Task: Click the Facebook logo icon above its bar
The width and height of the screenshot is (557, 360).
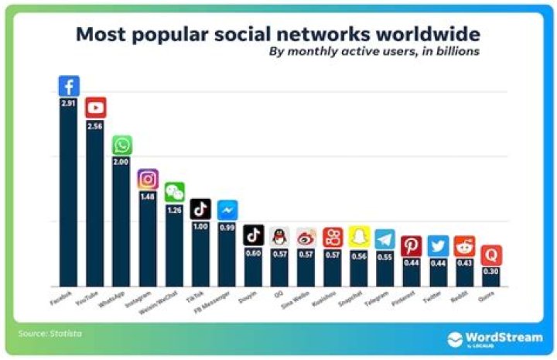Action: pos(69,86)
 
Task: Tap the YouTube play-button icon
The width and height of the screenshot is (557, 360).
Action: pos(95,108)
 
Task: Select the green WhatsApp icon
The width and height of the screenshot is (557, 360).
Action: pos(121,145)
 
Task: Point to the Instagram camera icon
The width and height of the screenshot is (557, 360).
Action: pos(148,179)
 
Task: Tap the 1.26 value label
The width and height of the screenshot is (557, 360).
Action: pos(174,210)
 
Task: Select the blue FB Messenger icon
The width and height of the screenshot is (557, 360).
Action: pos(227,210)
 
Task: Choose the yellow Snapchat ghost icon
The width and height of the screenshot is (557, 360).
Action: pos(357,237)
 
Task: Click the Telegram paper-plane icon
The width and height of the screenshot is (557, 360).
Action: pos(384,238)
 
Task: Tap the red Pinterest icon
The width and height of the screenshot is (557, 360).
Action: pos(411,246)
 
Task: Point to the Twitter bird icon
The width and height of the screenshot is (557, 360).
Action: pos(437,246)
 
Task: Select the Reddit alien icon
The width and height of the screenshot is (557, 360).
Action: pos(463,246)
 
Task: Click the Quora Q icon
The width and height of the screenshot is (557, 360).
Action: pos(490,255)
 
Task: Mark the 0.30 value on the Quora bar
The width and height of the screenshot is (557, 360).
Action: pos(490,272)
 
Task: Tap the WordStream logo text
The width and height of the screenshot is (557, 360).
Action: pos(502,337)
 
